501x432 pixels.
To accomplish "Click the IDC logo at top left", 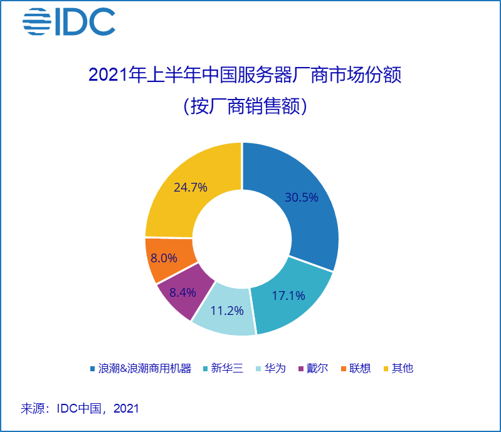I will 69,22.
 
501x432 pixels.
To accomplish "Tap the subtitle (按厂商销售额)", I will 245,106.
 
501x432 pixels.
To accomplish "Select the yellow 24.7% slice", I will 188,188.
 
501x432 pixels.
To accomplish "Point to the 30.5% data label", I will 302,197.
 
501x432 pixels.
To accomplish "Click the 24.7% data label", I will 191,187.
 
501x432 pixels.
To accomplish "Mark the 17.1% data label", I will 288,296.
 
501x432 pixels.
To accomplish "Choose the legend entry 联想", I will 359,368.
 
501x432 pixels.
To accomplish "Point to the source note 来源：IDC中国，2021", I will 80,409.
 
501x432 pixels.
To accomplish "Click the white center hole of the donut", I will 242,238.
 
